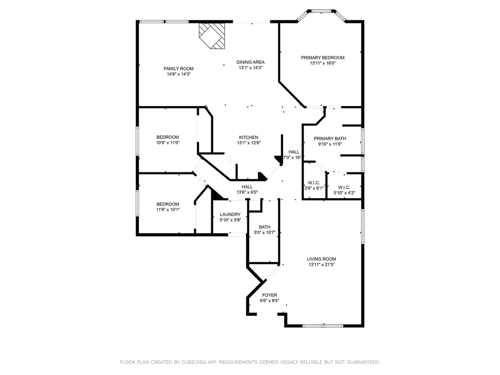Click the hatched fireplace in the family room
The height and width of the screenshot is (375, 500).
coord(212,35)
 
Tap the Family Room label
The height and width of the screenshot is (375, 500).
coord(179,69)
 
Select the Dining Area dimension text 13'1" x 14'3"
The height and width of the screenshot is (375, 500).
coord(250,68)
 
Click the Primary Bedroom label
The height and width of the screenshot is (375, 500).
coord(323,58)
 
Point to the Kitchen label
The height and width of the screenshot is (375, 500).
coord(249,138)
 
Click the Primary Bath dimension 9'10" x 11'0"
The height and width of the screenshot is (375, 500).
coord(330,144)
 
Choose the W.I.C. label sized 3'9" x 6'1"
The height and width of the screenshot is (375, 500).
coord(314,183)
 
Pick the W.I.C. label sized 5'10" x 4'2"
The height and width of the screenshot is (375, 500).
coord(344,188)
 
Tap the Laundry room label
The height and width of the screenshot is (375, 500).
coord(230,215)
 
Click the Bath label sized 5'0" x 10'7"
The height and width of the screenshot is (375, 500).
coord(265,227)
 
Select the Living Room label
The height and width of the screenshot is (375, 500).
coord(321,259)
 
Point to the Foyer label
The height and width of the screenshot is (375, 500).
coord(269,295)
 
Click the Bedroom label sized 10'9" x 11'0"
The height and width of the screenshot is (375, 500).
coord(168,138)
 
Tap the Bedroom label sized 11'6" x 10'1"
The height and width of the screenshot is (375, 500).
coord(168,204)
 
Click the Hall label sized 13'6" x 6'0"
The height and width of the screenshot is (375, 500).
coord(247,187)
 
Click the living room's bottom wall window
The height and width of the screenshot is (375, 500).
coord(323,325)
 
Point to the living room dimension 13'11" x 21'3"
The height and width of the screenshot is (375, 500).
coord(321,265)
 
